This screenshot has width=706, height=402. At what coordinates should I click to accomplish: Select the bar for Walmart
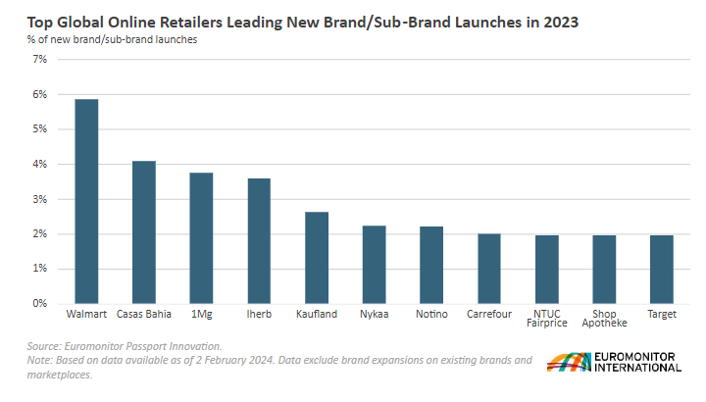[x=86, y=201]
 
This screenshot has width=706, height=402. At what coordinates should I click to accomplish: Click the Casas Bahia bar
[x=144, y=232]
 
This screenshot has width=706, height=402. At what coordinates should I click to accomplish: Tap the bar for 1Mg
[x=201, y=238]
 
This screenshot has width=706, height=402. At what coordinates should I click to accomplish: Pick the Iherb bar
[x=259, y=241]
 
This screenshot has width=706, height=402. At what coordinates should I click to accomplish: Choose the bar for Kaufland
[x=317, y=258]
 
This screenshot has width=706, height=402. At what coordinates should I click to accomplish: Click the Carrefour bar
[x=489, y=269]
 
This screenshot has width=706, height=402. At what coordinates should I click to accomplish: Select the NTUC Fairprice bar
[x=546, y=270]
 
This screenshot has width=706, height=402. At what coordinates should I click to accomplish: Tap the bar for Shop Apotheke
[x=604, y=270]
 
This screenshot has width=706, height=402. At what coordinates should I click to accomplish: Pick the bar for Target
[x=662, y=270]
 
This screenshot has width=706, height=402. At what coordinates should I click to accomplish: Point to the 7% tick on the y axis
[x=40, y=60]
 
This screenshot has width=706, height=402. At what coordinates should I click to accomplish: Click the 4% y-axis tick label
[x=40, y=165]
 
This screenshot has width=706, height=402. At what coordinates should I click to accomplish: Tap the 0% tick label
[x=40, y=304]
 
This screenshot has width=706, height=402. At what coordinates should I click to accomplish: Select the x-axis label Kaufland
[x=317, y=314]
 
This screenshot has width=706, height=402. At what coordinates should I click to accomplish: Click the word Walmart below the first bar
[x=86, y=314]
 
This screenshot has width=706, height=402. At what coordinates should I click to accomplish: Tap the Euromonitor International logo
[x=614, y=362]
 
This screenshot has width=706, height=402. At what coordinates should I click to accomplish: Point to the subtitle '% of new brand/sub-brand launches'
[x=112, y=39]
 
